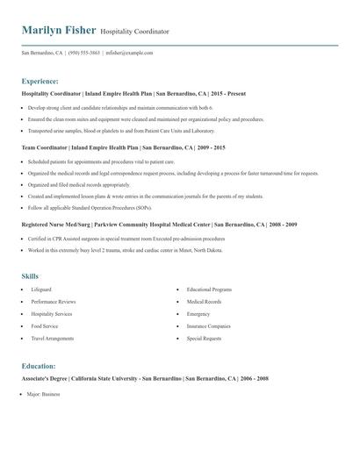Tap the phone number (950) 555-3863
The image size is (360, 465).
(x=82, y=53)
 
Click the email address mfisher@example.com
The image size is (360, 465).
(x=130, y=53)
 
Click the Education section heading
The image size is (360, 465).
(x=39, y=366)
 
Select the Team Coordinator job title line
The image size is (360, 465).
(x=123, y=147)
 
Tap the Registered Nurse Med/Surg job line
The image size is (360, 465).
(x=158, y=225)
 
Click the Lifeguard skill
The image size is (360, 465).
(x=40, y=289)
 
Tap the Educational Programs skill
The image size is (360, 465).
(x=209, y=289)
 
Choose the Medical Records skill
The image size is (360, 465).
(x=203, y=301)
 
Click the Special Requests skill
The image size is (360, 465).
(x=204, y=338)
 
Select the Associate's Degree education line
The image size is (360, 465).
(x=145, y=378)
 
